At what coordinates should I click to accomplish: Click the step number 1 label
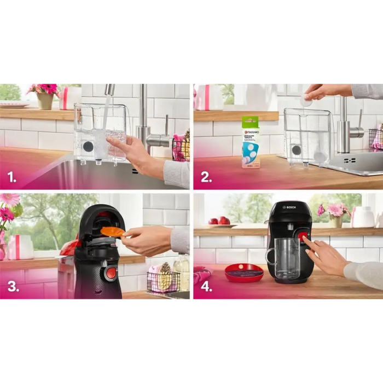13,177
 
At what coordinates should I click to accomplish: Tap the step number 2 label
206,177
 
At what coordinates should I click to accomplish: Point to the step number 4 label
206,286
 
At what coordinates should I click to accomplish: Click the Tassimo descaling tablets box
251,142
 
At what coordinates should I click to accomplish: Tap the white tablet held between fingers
306,100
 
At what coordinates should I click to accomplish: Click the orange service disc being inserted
112,231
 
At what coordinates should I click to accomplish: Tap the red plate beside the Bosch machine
244,272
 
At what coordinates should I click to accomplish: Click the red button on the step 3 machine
111,272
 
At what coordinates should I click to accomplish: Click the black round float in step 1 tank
88,146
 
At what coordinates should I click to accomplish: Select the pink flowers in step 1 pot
46,88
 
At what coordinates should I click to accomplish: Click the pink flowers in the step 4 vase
335,210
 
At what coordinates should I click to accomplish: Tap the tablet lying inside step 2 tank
320,156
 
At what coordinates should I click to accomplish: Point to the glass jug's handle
270,257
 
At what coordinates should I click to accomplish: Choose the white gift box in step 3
20,247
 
